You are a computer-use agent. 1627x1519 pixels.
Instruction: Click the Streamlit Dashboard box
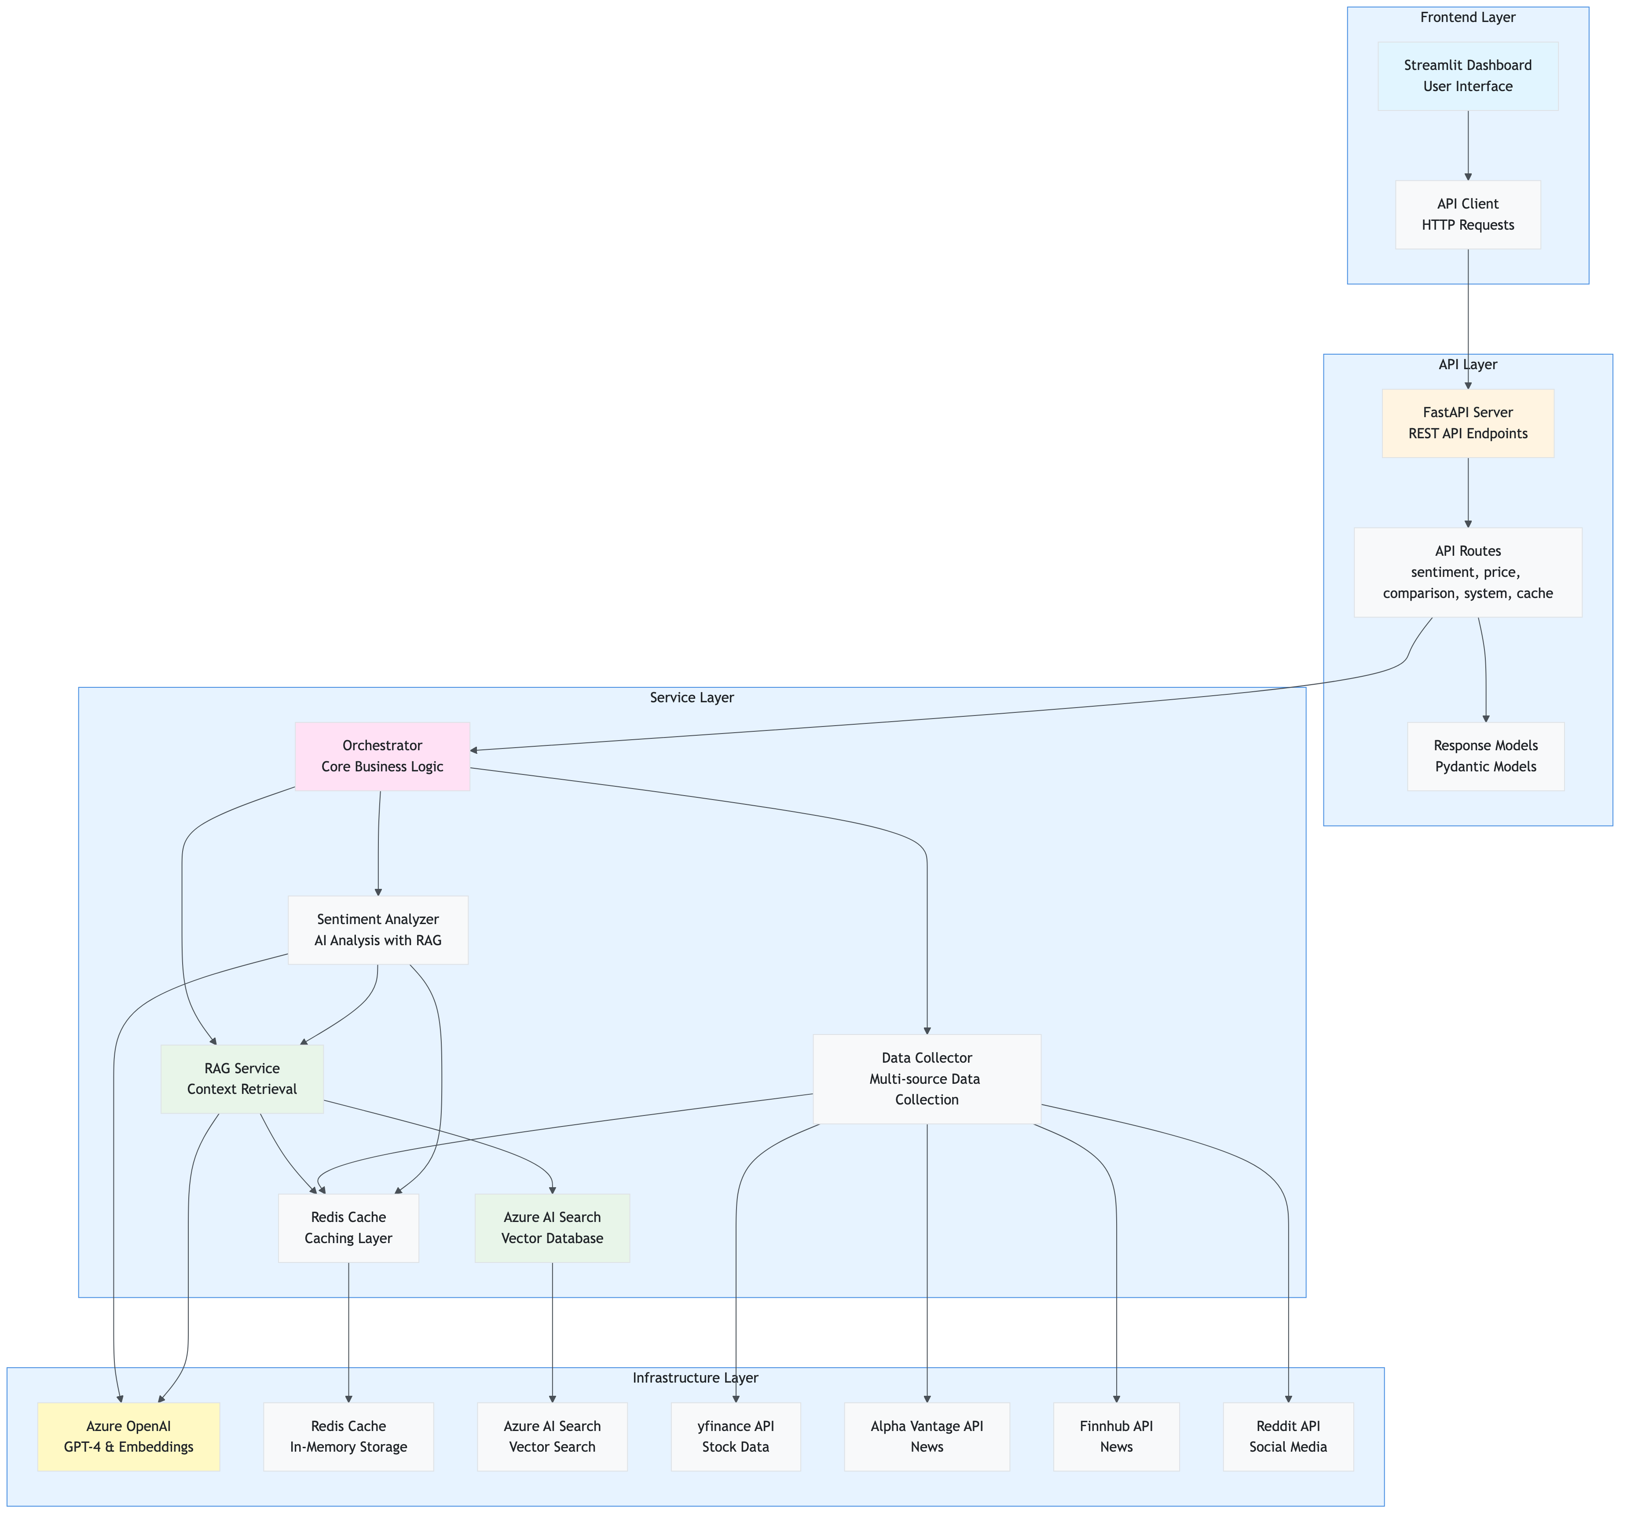click(x=1467, y=75)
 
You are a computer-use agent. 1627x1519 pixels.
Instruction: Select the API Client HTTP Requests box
click(x=1467, y=214)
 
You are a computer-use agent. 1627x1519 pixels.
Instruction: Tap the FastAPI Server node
click(x=1467, y=423)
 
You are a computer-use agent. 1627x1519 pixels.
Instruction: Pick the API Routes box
click(x=1467, y=572)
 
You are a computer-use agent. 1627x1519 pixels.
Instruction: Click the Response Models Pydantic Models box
click(x=1485, y=756)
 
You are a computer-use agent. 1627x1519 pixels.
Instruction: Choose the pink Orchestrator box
click(x=382, y=756)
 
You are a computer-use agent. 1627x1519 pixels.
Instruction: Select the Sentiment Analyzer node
click(x=378, y=930)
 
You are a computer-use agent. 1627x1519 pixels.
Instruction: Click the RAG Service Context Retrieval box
click(x=242, y=1079)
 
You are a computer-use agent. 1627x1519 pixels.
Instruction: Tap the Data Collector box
click(x=927, y=1079)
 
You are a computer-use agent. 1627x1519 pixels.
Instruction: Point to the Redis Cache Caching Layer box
click(x=348, y=1228)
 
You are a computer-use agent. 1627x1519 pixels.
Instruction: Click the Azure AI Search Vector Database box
click(x=553, y=1228)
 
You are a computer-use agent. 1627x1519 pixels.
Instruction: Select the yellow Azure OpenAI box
click(x=128, y=1436)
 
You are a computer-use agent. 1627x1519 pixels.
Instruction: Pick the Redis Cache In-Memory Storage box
click(x=348, y=1436)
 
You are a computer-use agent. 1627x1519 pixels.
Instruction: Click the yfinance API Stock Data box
click(x=736, y=1436)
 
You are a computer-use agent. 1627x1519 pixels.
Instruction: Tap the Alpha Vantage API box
click(x=927, y=1436)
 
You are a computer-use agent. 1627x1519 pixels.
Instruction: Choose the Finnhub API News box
click(x=1116, y=1436)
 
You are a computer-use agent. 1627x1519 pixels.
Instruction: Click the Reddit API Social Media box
click(x=1288, y=1436)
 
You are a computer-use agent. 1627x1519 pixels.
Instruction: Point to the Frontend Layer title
click(x=1467, y=17)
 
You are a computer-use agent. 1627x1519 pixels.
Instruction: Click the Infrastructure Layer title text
click(x=695, y=1377)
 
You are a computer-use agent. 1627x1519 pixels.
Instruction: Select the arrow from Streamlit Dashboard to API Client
click(x=1468, y=146)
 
